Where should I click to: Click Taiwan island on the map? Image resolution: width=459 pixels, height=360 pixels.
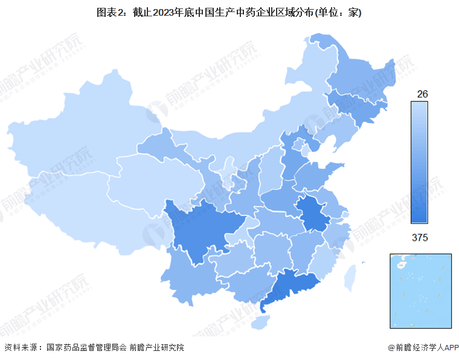[x=350, y=278]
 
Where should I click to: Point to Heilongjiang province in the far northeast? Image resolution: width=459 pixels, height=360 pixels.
[x=356, y=72]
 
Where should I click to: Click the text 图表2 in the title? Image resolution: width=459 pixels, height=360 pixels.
[x=109, y=13]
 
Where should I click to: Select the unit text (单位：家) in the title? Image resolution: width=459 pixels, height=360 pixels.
[x=336, y=13]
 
